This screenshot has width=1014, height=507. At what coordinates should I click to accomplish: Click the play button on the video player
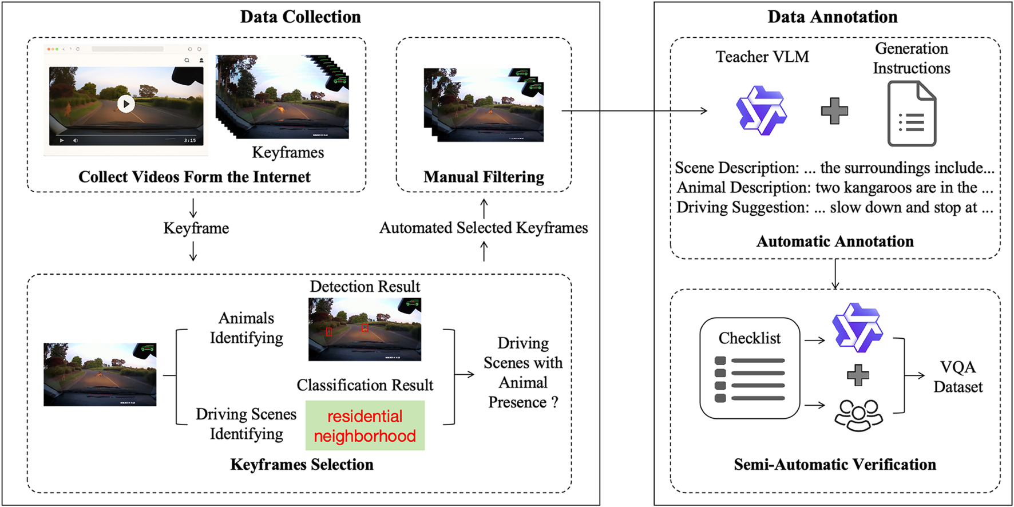[x=126, y=104]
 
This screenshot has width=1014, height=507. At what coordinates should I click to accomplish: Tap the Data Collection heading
[x=300, y=17]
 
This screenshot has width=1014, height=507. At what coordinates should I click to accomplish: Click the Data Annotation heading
[x=832, y=17]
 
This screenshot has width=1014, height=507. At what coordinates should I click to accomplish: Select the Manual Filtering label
[x=484, y=177]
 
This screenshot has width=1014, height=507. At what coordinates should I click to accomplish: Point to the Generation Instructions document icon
[x=911, y=114]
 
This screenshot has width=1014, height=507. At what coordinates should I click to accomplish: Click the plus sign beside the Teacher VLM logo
[x=834, y=111]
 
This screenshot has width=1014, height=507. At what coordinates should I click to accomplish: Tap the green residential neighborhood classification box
[x=365, y=425]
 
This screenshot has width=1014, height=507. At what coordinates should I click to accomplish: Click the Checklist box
[x=749, y=368]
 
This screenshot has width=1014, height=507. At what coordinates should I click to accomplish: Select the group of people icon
[x=858, y=414]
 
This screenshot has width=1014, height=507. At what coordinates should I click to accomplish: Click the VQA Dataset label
[x=957, y=377]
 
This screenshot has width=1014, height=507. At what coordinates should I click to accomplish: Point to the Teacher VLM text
[x=762, y=57]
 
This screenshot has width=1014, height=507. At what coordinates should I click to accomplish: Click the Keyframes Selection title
[x=302, y=464]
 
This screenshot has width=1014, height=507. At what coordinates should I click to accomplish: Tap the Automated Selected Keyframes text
[x=484, y=228]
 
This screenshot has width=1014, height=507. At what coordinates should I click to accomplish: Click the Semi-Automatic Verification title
[x=834, y=464]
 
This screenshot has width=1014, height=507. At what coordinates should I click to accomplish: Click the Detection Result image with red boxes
[x=365, y=329]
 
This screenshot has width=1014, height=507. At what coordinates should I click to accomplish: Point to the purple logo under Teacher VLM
[x=761, y=110]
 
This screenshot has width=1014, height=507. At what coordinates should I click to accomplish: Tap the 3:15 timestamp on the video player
[x=189, y=140]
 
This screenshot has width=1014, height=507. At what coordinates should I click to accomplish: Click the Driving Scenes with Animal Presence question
[x=522, y=373]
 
